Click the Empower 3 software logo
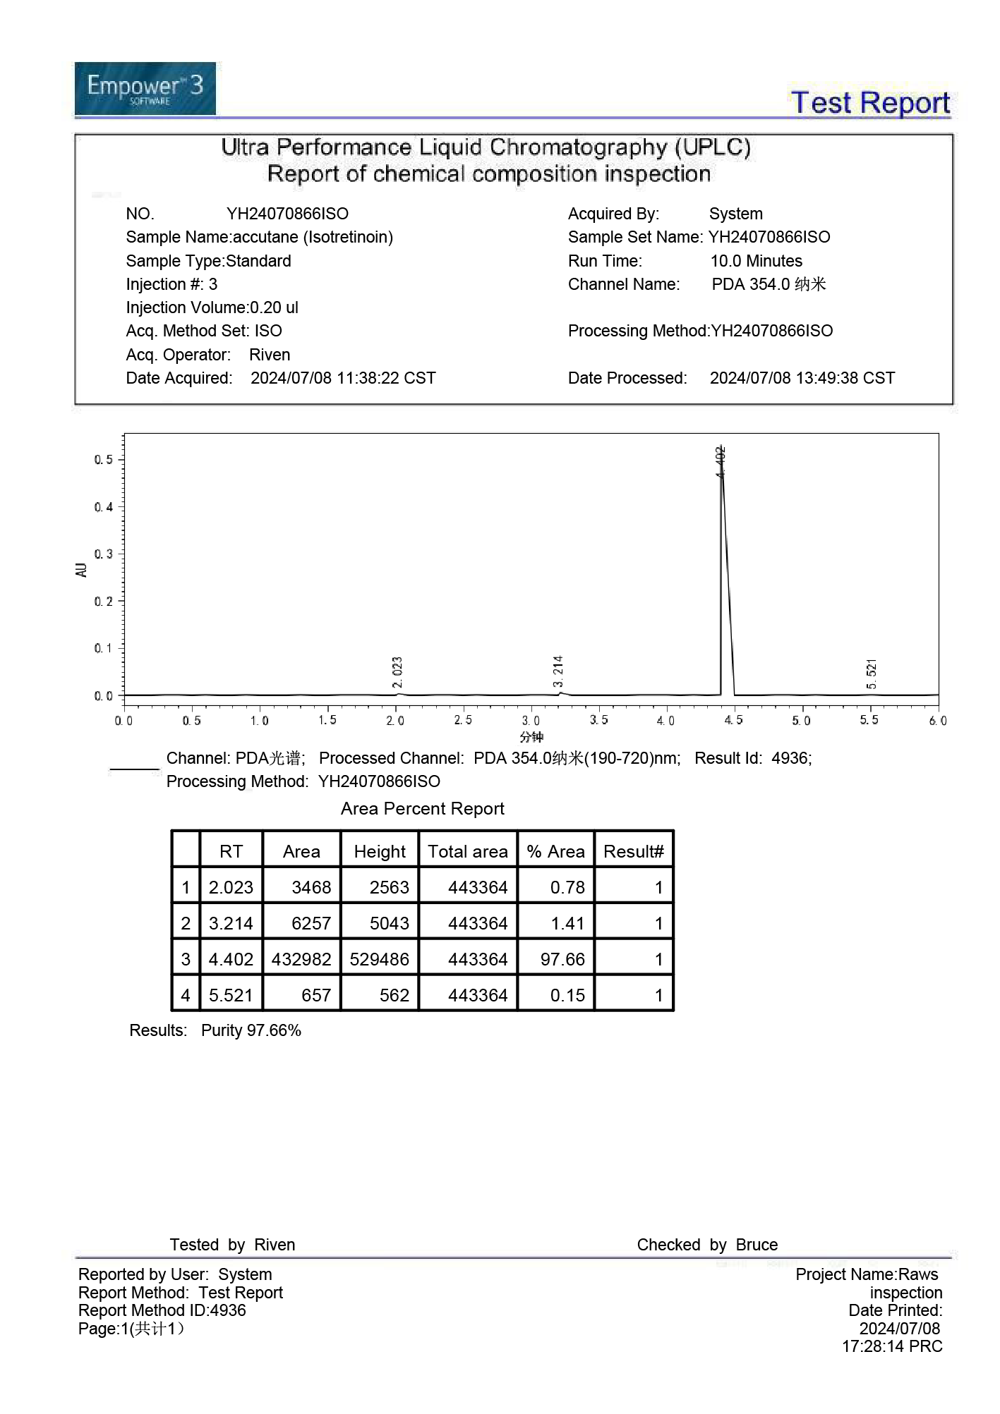(145, 89)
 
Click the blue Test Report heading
(870, 103)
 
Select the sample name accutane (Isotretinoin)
(313, 237)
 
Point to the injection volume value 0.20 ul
(274, 307)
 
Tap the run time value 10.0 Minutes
(756, 261)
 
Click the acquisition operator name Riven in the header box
(270, 355)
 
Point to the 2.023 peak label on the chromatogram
(397, 672)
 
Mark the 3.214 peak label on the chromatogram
(558, 671)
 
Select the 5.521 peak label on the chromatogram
(872, 674)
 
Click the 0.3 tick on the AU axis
(104, 554)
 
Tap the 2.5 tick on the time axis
(463, 720)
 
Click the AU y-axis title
(81, 570)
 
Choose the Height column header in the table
(380, 852)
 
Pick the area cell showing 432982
(301, 959)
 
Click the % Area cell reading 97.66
(562, 959)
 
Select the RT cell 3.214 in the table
(231, 923)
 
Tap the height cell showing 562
(394, 995)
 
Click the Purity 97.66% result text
(251, 1030)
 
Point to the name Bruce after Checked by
(757, 1245)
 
